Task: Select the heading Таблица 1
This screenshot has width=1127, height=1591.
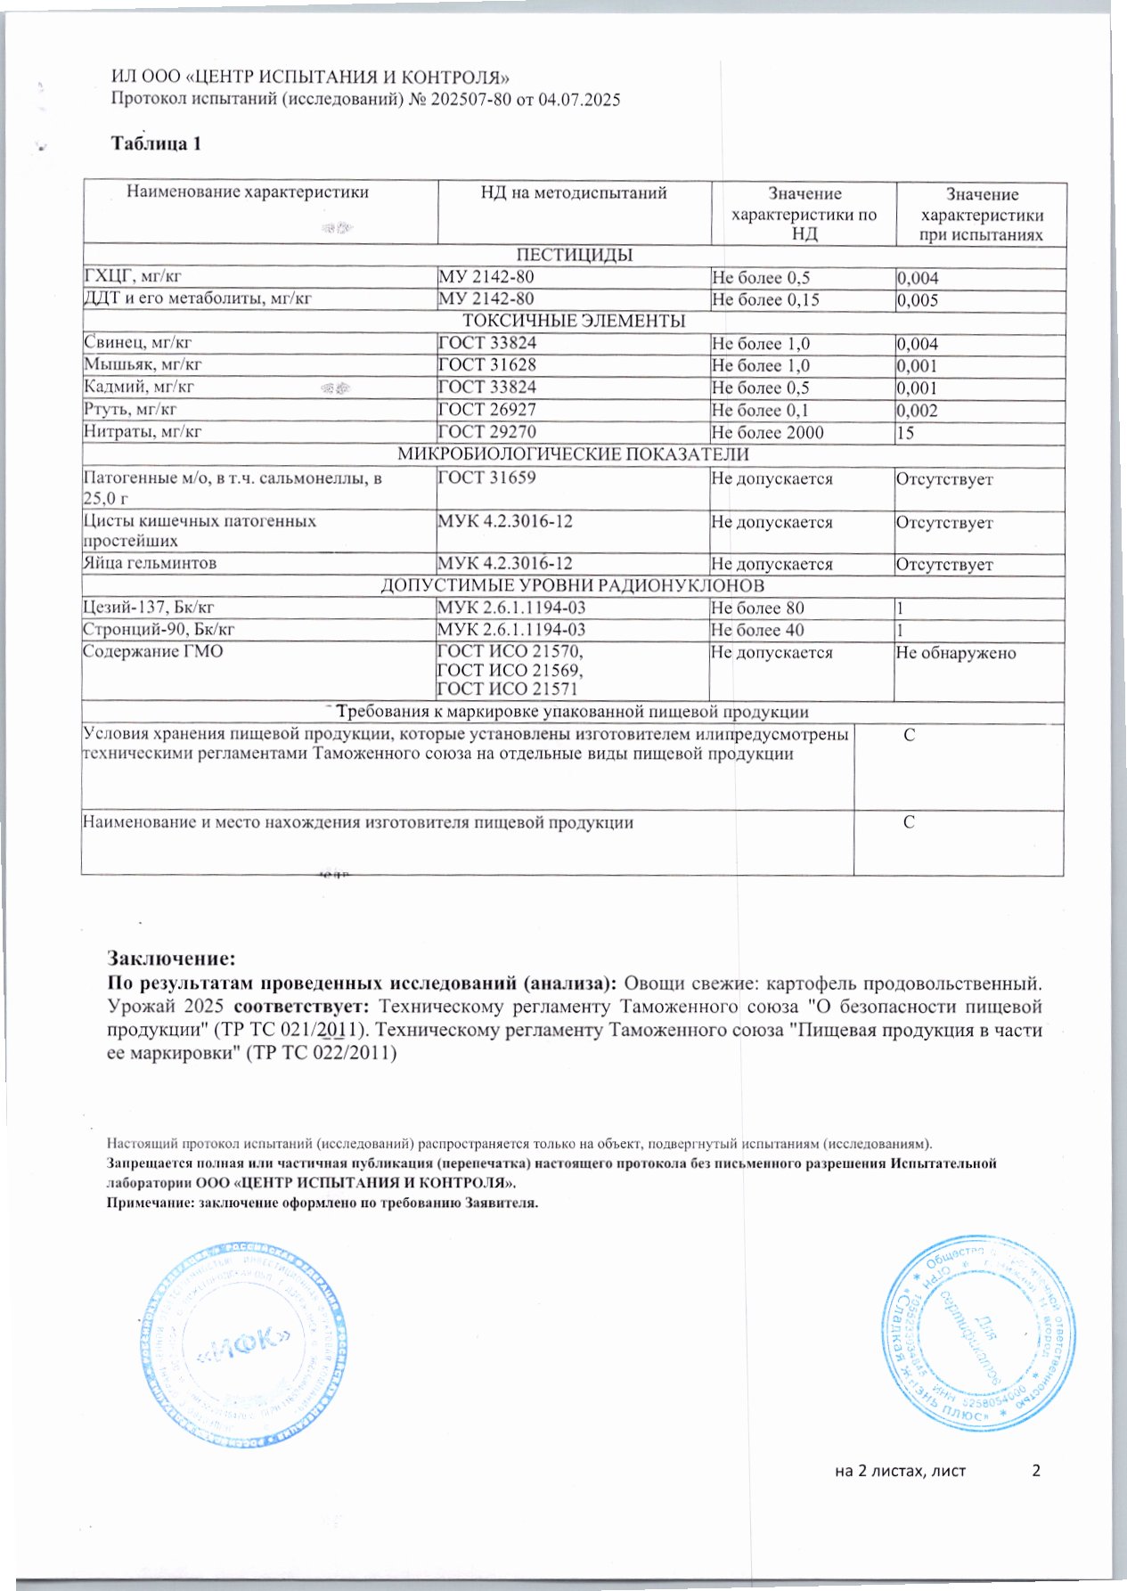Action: pyautogui.click(x=156, y=143)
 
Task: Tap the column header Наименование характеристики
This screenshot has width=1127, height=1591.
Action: pyautogui.click(x=247, y=192)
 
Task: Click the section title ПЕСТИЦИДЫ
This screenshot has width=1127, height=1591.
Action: pyautogui.click(x=575, y=256)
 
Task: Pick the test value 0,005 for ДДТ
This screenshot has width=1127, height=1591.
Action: pyautogui.click(x=918, y=300)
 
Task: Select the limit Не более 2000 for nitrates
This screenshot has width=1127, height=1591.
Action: pyautogui.click(x=768, y=433)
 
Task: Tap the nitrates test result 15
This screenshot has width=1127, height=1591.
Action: pyautogui.click(x=906, y=433)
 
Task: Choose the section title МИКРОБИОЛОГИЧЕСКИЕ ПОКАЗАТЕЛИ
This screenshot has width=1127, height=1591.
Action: pyautogui.click(x=573, y=454)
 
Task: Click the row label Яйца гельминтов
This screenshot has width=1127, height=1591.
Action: pyautogui.click(x=150, y=563)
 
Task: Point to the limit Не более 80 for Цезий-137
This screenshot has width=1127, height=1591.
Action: pyautogui.click(x=758, y=608)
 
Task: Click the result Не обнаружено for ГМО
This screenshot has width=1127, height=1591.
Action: pyautogui.click(x=956, y=653)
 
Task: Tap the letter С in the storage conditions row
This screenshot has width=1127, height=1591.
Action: pyautogui.click(x=910, y=736)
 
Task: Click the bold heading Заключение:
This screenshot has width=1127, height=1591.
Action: pyautogui.click(x=172, y=959)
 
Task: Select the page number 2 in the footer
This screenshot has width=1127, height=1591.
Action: pyautogui.click(x=1036, y=1471)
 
